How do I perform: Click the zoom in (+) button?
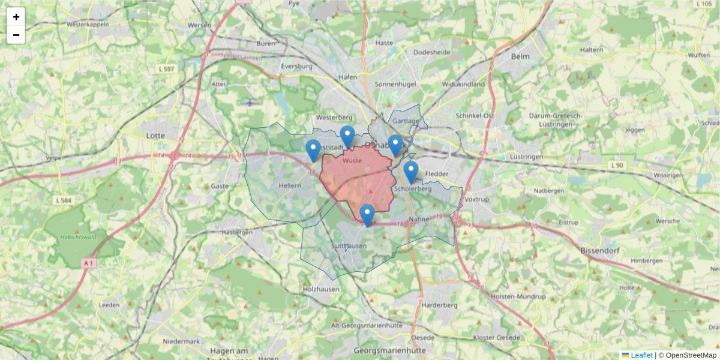(16, 17)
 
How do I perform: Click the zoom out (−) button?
(16, 35)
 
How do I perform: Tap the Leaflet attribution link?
(641, 355)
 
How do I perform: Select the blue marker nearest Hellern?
(313, 151)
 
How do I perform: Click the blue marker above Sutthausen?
(367, 215)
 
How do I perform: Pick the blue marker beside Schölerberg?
(410, 172)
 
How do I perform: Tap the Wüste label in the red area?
(352, 160)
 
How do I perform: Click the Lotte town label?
(155, 136)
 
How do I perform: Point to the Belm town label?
(520, 56)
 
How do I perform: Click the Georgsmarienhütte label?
(390, 350)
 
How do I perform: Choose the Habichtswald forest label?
(74, 237)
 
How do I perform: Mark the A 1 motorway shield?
(89, 263)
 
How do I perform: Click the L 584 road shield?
(62, 200)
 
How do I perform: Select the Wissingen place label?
(668, 175)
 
